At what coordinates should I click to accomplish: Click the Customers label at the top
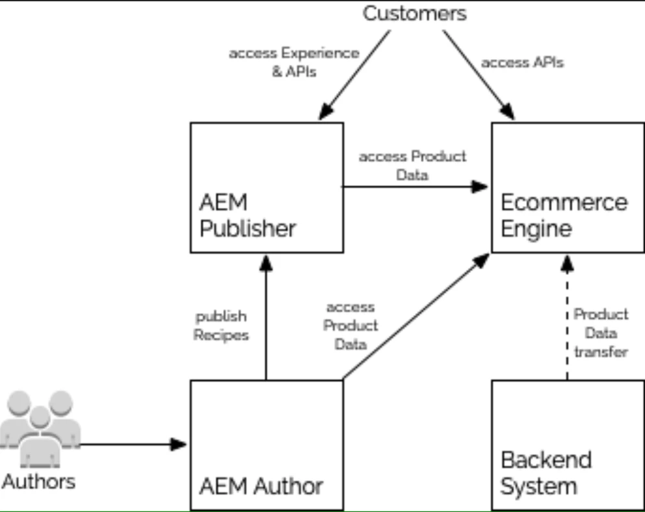click(x=414, y=13)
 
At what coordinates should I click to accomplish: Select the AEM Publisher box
click(x=267, y=187)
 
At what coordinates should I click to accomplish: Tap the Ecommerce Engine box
click(x=568, y=187)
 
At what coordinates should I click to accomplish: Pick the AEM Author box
click(x=267, y=444)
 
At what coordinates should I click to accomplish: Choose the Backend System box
click(x=568, y=444)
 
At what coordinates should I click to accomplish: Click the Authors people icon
click(x=40, y=429)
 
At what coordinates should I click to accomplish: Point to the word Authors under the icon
click(x=39, y=481)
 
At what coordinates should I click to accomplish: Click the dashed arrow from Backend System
click(x=567, y=318)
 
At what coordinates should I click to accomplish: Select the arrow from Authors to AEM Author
click(x=130, y=444)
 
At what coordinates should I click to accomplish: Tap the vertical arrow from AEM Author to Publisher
click(x=265, y=318)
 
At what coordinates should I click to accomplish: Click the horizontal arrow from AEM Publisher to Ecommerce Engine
click(x=416, y=187)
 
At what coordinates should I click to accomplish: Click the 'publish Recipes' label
click(x=220, y=326)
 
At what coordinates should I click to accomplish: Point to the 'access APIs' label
click(x=522, y=63)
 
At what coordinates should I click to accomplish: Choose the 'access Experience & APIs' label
click(x=293, y=62)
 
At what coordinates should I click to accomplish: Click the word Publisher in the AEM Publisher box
click(x=247, y=229)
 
